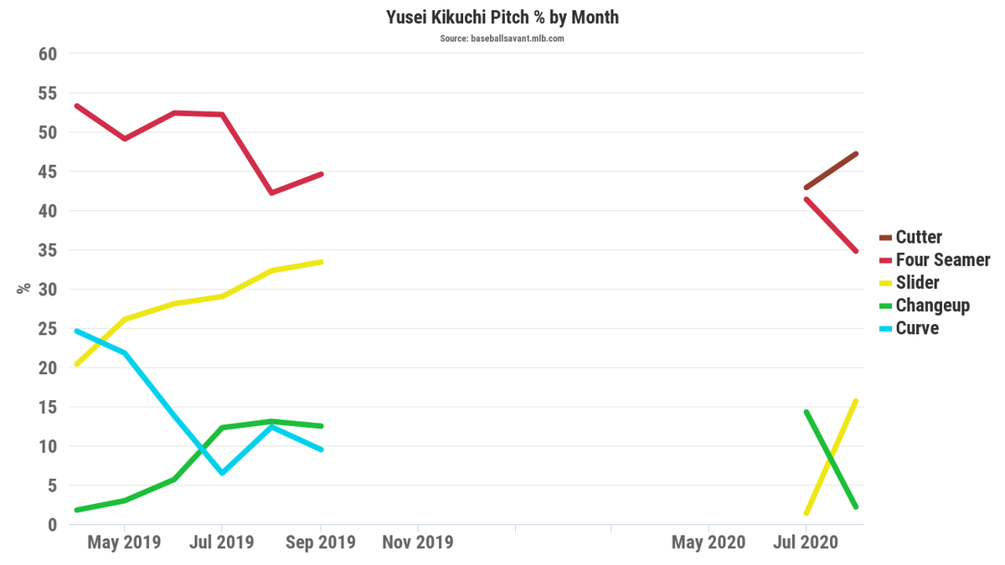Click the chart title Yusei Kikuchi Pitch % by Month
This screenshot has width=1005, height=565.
pyautogui.click(x=502, y=17)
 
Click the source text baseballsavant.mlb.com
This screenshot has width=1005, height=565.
pyautogui.click(x=502, y=39)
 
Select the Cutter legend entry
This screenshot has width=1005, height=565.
pyautogui.click(x=919, y=238)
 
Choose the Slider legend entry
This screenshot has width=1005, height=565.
pyautogui.click(x=917, y=283)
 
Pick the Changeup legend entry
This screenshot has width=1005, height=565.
pyautogui.click(x=932, y=306)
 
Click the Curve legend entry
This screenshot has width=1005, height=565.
pyautogui.click(x=917, y=328)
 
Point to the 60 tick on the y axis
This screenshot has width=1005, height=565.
pyautogui.click(x=48, y=54)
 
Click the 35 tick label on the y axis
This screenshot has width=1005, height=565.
pyautogui.click(x=48, y=250)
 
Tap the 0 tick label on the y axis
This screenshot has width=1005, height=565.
pyautogui.click(x=52, y=525)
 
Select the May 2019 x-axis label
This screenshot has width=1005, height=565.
pyautogui.click(x=125, y=542)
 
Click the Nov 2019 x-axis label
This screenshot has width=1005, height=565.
pyautogui.click(x=418, y=542)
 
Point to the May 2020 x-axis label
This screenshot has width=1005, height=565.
pyautogui.click(x=708, y=542)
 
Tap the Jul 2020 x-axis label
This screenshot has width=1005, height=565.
pyautogui.click(x=805, y=542)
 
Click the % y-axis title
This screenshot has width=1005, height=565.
pyautogui.click(x=23, y=287)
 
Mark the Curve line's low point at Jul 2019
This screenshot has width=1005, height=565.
pyautogui.click(x=222, y=473)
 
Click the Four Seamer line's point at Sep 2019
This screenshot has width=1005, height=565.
pyautogui.click(x=321, y=174)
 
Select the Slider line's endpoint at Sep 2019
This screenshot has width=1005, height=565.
pyautogui.click(x=321, y=262)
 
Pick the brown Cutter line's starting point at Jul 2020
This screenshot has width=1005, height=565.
pyautogui.click(x=806, y=187)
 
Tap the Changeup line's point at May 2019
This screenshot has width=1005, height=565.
pyautogui.click(x=125, y=501)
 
